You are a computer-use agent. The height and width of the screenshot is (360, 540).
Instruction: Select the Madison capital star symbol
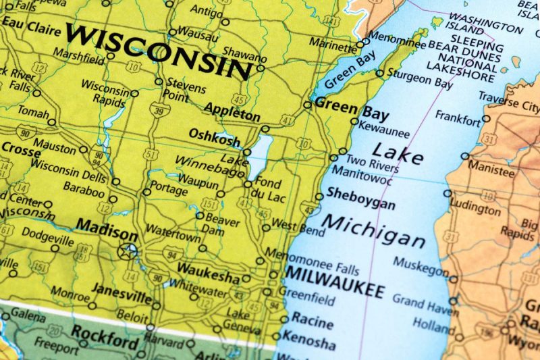coord(127,251)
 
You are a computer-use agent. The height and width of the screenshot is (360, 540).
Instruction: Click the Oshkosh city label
coord(214,135)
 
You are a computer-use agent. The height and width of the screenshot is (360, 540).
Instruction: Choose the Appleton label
coord(232,111)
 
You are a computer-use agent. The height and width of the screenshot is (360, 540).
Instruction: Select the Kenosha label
coord(308,336)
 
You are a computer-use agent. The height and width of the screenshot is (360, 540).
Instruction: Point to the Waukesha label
coord(208,278)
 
